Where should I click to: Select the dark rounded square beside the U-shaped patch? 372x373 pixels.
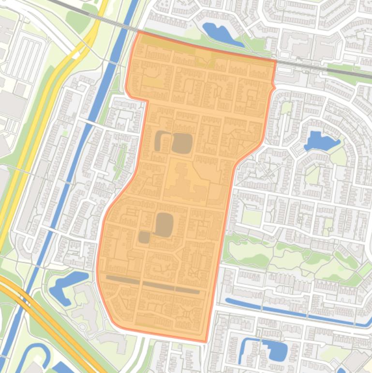(182, 143)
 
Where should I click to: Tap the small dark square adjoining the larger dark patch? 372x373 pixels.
(144, 237)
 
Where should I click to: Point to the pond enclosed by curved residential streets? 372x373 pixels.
(319, 141)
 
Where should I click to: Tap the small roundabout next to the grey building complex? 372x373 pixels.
(83, 327)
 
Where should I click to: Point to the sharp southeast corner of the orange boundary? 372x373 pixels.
(206, 341)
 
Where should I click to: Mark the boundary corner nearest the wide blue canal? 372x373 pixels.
(138, 33)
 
